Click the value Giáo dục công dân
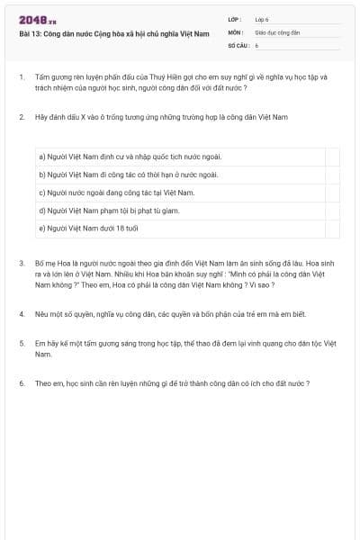click(277, 31)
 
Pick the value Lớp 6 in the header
click(262, 18)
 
